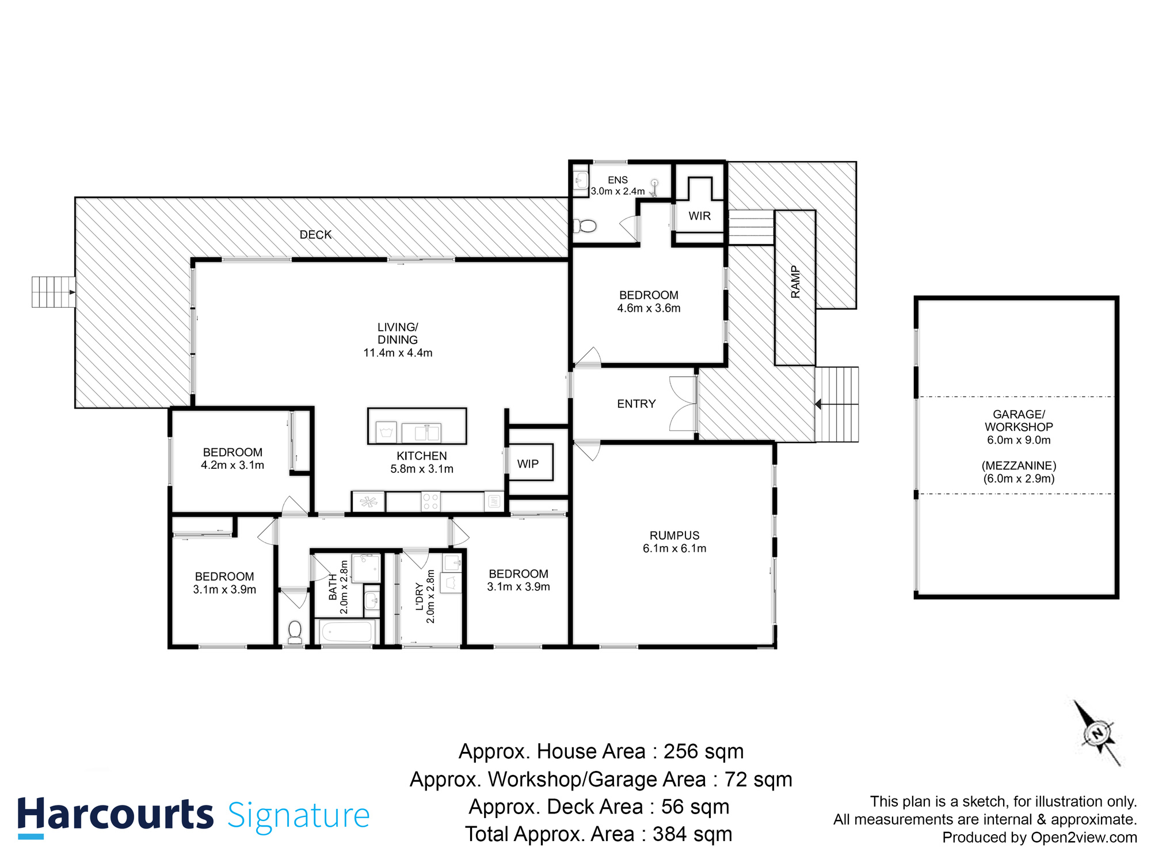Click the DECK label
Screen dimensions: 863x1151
click(315, 235)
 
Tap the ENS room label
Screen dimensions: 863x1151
click(618, 180)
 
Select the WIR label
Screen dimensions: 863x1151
click(699, 216)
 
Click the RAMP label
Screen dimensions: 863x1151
click(795, 282)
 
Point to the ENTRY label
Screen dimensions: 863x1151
click(636, 404)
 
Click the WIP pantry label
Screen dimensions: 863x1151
click(528, 464)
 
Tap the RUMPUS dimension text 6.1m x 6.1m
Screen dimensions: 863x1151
click(674, 548)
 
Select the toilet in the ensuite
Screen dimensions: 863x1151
click(586, 226)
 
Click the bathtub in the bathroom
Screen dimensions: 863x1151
click(347, 632)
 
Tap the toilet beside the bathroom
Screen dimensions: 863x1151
click(295, 632)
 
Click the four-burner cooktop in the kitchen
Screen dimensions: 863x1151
click(430, 501)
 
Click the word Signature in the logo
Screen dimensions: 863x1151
click(298, 816)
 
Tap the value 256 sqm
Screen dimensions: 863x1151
click(703, 751)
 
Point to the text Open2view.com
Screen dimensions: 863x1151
click(1084, 838)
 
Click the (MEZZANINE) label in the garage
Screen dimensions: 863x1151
click(1019, 465)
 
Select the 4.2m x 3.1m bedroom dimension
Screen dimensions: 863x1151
click(232, 465)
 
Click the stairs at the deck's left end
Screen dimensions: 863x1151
click(53, 292)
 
